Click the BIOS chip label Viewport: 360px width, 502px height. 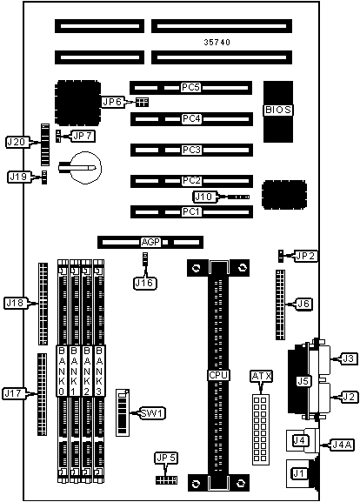coord(278,110)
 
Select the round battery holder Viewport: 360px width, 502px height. coord(86,168)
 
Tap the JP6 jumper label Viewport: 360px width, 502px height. coord(112,102)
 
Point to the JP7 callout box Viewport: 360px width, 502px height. coord(83,136)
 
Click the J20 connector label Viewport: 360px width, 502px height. coord(17,142)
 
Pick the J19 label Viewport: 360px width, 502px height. coord(18,177)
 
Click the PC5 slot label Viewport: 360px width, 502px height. coord(190,87)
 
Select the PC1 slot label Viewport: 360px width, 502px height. coord(191,211)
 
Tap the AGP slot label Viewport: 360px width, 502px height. coord(150,242)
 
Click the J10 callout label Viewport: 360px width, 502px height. coord(203,197)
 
